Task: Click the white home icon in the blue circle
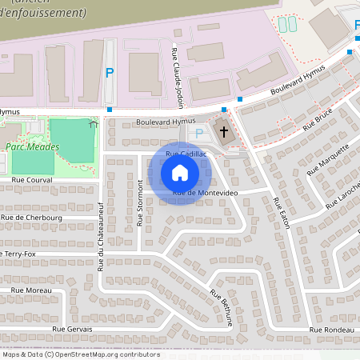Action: tap(180, 173)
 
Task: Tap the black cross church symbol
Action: tap(224, 131)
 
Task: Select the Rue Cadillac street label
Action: tap(186, 153)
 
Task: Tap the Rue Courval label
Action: tap(31, 181)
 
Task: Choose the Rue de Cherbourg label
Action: tap(31, 217)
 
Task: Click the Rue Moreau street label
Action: tap(31, 290)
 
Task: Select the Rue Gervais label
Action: tap(72, 329)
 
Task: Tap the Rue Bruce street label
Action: tap(317, 119)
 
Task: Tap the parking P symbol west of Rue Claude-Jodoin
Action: tap(110, 72)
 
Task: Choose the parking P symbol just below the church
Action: tap(199, 134)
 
